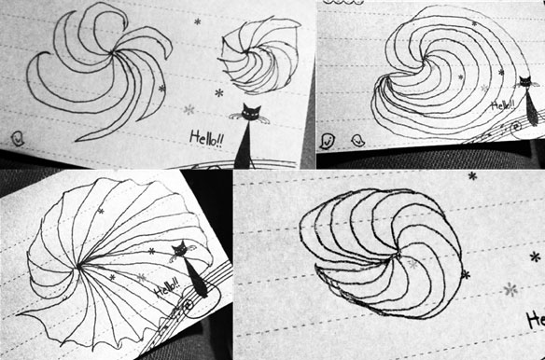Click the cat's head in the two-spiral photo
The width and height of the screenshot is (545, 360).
tap(251, 112)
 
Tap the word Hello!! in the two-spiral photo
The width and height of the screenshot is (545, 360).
tap(206, 139)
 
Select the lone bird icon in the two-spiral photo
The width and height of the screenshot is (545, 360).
tap(17, 138)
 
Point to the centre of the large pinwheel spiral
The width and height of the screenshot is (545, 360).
tap(113, 53)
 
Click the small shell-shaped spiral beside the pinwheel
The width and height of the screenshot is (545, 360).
tap(259, 55)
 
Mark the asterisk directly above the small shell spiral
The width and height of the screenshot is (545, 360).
tap(198, 21)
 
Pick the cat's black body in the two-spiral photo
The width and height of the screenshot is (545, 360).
tap(244, 145)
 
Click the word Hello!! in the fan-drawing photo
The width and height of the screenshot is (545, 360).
tap(168, 287)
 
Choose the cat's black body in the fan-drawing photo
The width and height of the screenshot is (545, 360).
tap(196, 278)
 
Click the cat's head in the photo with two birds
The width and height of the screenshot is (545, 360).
tap(524, 82)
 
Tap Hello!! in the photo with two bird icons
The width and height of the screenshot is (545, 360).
tap(503, 105)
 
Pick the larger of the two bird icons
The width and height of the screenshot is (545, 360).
tap(327, 142)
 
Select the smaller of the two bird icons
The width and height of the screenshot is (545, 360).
tap(357, 141)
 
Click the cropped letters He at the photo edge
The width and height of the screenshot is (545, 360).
tap(536, 321)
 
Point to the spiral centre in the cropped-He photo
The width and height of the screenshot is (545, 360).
tap(397, 256)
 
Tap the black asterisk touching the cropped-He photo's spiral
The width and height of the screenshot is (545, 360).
tap(466, 275)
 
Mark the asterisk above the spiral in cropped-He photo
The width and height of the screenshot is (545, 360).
tap(472, 176)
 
